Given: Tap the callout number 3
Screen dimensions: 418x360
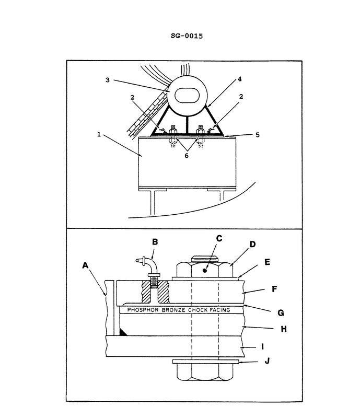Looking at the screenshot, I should tap(108, 80).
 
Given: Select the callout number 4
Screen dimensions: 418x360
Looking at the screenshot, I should tap(240, 79).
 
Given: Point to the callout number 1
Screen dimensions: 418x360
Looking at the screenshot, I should tap(99, 134).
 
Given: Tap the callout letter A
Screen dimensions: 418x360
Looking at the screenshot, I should tap(86, 265).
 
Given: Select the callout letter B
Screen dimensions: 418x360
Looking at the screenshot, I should tap(155, 241).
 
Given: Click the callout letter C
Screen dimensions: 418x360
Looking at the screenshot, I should tap(219, 239).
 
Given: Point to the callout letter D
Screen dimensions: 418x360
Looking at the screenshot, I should tap(252, 244).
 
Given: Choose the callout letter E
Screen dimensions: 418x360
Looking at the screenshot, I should tap(268, 262).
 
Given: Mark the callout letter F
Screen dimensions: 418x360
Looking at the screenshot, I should tap(274, 288).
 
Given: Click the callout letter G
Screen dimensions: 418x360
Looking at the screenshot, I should tap(281, 313).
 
